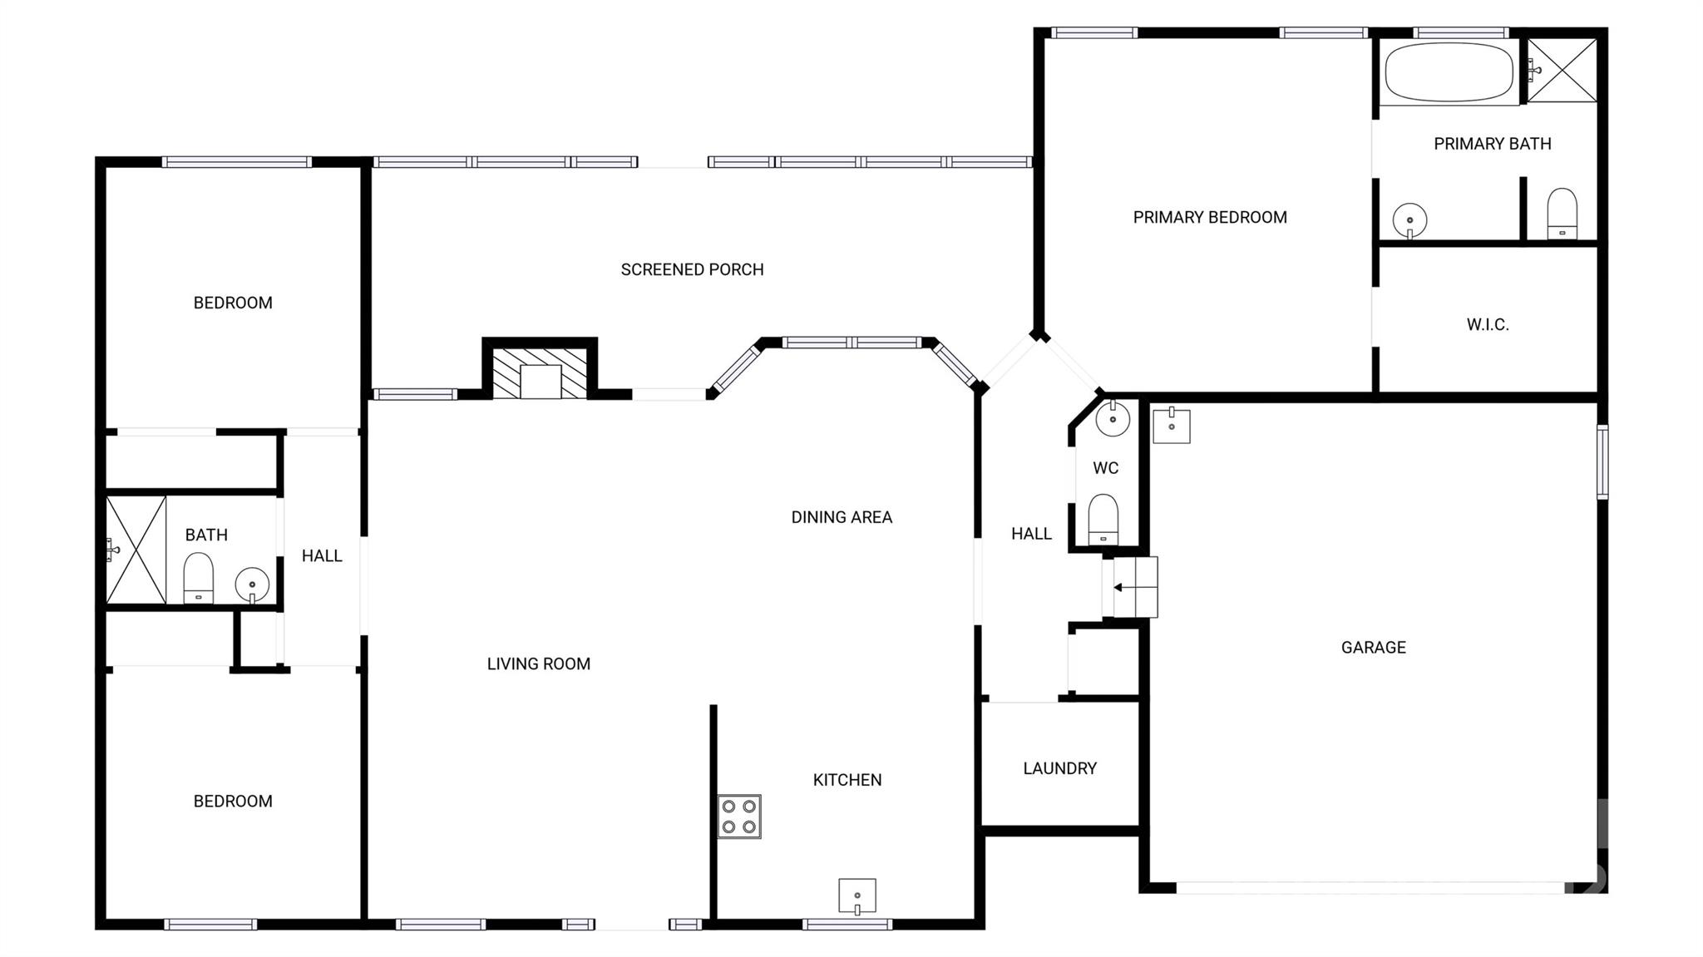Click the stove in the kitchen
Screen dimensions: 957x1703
pyautogui.click(x=739, y=816)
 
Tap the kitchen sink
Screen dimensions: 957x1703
pyautogui.click(x=856, y=895)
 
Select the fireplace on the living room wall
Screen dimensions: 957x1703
pyautogui.click(x=540, y=373)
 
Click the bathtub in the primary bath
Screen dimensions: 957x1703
pyautogui.click(x=1449, y=72)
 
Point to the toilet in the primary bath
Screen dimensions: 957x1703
pyautogui.click(x=1562, y=214)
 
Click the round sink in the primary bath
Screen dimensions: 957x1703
pyautogui.click(x=1409, y=220)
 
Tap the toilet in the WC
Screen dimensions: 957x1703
pyautogui.click(x=1103, y=520)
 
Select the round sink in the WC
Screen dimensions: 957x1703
pyautogui.click(x=1113, y=418)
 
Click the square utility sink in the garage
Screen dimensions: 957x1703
pyautogui.click(x=1171, y=426)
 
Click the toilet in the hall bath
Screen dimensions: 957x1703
pyautogui.click(x=199, y=578)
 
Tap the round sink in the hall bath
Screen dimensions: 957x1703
pyautogui.click(x=251, y=585)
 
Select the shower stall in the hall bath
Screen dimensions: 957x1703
pyautogui.click(x=136, y=550)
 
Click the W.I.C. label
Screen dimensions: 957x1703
pyautogui.click(x=1487, y=324)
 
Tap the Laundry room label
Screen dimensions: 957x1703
pyautogui.click(x=1059, y=768)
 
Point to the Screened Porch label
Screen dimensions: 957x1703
pyautogui.click(x=692, y=269)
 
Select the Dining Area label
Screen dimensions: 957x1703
pyautogui.click(x=842, y=517)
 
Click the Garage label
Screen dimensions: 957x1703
pyautogui.click(x=1373, y=647)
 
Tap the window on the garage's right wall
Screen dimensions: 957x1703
pyautogui.click(x=1602, y=461)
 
